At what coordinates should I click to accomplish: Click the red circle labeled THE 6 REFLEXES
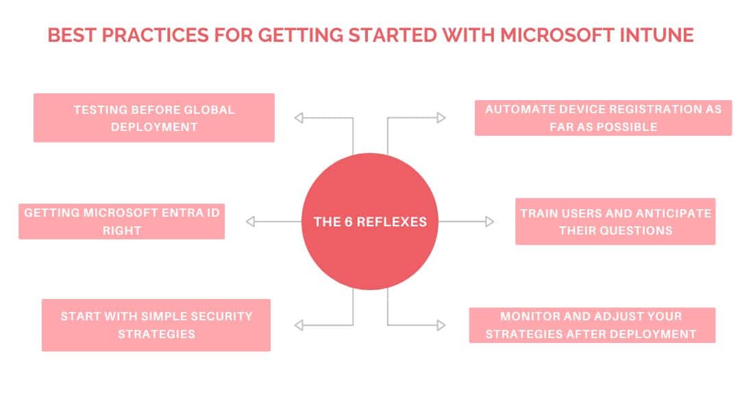tap(370, 222)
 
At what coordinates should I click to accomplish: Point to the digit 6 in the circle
tap(349, 222)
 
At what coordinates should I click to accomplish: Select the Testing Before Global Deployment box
tap(154, 118)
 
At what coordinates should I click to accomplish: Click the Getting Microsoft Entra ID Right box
tap(122, 222)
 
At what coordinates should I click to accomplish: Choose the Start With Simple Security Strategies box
tap(156, 325)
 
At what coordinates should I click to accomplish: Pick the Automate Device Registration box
tap(603, 118)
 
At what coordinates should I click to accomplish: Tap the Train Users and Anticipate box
tap(615, 222)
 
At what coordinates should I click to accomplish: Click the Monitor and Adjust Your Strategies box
tap(592, 325)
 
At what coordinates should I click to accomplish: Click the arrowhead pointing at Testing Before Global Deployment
tap(299, 117)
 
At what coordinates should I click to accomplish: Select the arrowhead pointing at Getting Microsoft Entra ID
tap(251, 222)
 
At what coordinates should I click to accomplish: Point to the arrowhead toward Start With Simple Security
tap(299, 325)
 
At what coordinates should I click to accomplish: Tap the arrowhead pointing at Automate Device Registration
tap(441, 117)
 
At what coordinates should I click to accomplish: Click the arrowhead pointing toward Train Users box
tap(489, 222)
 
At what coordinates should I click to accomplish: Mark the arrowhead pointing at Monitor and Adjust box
tap(441, 325)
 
